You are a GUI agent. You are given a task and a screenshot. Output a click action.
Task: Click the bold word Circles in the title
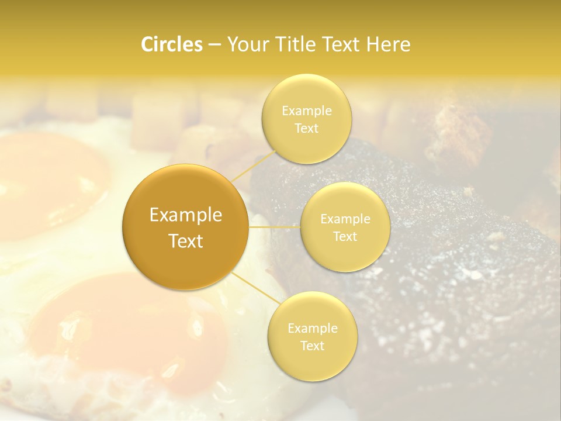172,44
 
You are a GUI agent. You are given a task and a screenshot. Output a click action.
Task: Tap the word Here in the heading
389,44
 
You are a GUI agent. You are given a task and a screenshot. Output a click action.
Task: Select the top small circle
306,146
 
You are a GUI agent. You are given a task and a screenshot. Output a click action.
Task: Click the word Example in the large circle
185,215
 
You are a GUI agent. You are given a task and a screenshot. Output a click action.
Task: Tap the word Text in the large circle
185,241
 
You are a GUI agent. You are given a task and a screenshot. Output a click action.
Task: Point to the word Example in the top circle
306,111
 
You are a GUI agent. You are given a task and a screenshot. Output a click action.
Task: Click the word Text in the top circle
306,128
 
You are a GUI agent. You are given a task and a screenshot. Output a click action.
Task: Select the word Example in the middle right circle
345,219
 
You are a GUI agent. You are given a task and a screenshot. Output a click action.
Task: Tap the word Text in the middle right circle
345,236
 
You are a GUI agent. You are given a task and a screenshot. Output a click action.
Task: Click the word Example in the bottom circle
312,329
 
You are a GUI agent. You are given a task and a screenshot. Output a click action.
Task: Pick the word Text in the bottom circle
312,346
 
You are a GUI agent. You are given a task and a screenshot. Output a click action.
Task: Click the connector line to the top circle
252,165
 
